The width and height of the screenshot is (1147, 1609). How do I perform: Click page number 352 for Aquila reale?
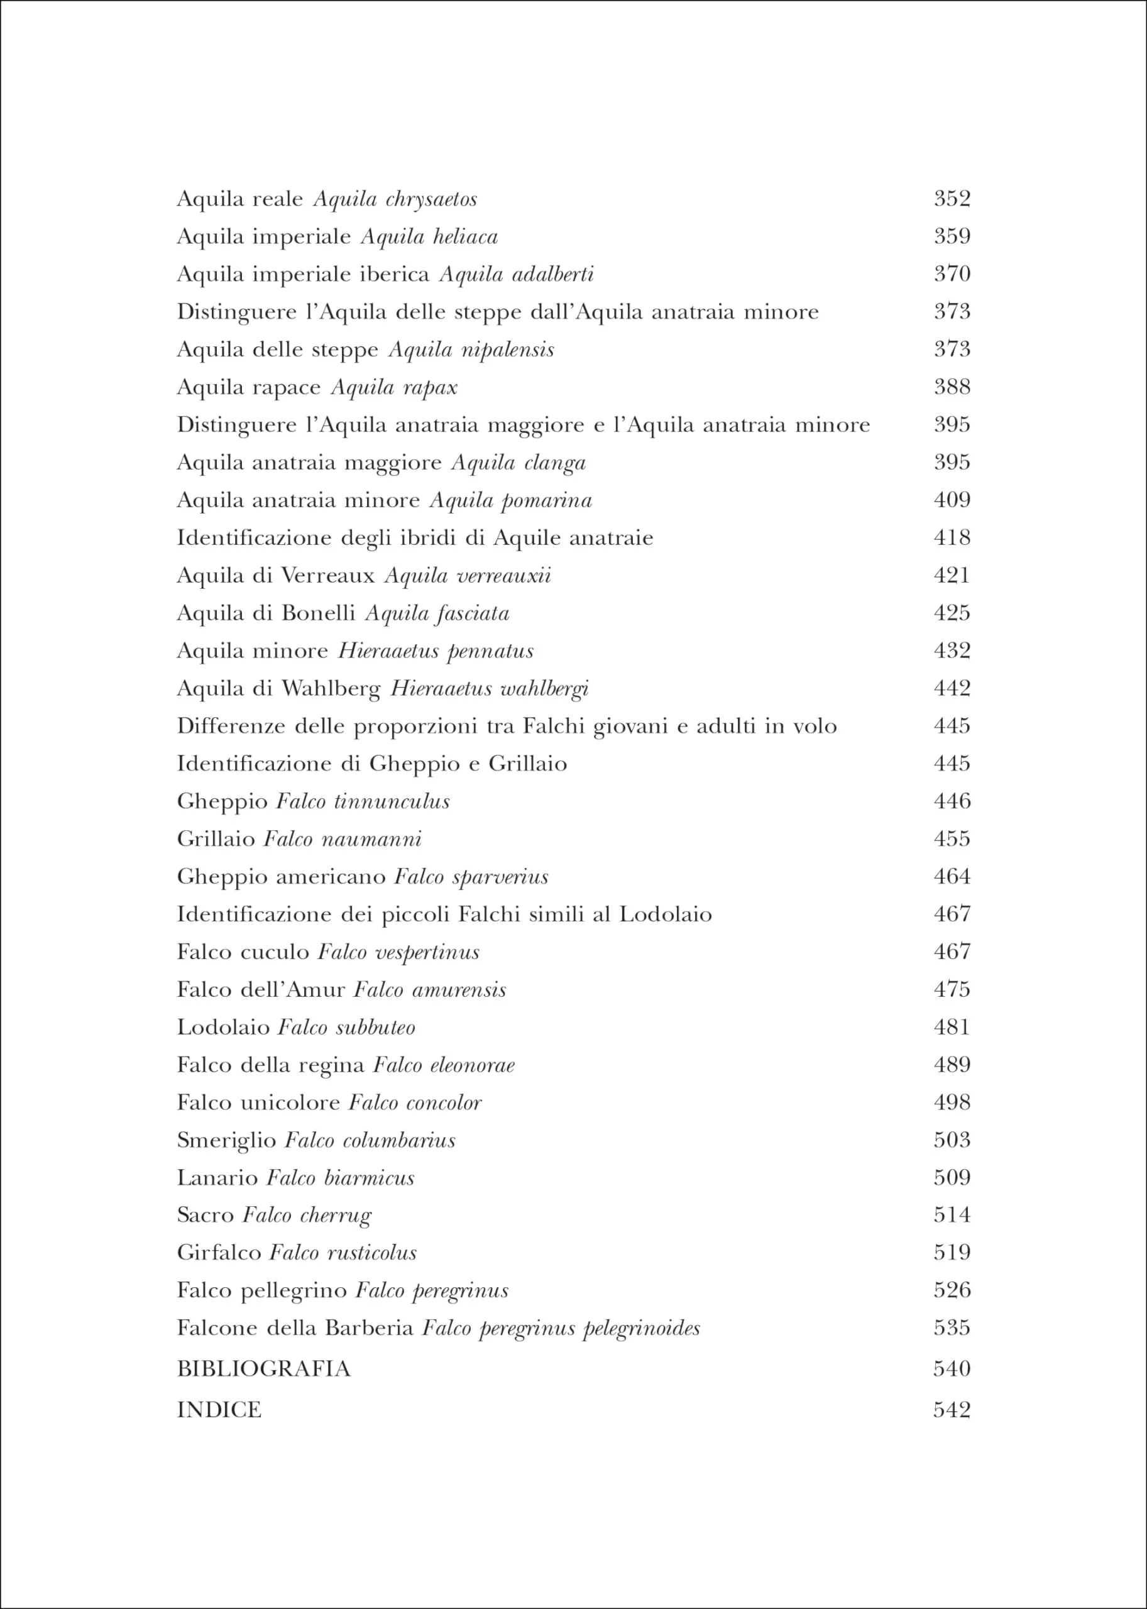point(952,199)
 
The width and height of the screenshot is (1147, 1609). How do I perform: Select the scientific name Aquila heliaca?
point(429,236)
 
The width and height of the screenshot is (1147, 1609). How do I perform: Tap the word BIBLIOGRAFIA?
point(263,1369)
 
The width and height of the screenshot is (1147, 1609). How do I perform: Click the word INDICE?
point(219,1410)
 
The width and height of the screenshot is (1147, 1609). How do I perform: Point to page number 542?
point(952,1410)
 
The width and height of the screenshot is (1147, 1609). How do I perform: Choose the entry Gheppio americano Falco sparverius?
point(362,877)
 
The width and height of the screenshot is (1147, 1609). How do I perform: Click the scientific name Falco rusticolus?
point(343,1254)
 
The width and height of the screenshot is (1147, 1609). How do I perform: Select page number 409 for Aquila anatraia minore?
point(952,500)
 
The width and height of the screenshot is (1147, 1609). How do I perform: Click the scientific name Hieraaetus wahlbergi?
point(490,689)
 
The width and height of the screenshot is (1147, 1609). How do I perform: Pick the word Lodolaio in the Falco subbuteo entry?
point(223,1028)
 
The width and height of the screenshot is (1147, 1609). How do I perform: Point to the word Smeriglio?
point(226,1141)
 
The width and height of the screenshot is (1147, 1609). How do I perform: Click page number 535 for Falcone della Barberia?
point(952,1328)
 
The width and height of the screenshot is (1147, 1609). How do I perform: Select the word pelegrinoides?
point(641,1329)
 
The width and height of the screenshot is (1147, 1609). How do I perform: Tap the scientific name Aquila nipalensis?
point(471,349)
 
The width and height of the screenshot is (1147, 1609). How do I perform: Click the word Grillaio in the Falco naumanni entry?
point(216,839)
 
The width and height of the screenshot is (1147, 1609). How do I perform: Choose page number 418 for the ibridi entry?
point(952,538)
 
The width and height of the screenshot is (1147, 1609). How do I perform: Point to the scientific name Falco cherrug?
point(307,1216)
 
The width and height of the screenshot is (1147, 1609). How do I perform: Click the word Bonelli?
point(318,613)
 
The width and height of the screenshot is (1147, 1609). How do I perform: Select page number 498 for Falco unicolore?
point(952,1102)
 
